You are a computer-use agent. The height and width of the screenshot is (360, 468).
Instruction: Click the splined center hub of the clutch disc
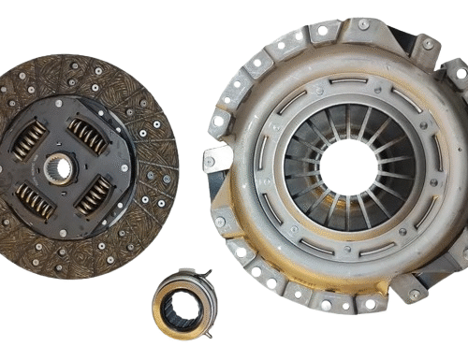point(57,168)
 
